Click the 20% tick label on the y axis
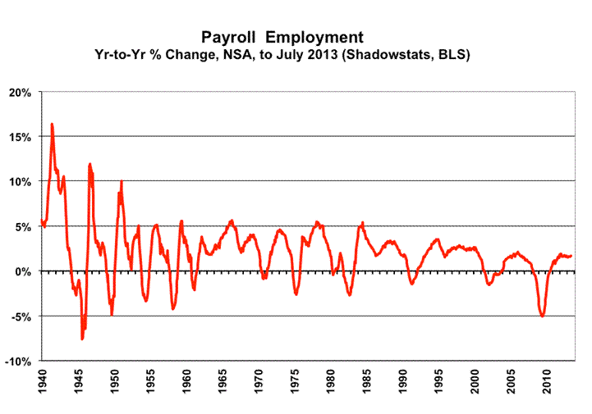20,91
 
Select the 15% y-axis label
20,136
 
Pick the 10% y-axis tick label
20,181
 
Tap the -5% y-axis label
21,316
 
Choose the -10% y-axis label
19,362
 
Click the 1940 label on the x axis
42,382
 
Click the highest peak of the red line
53,124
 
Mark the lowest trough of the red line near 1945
82,339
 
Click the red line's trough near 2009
543,316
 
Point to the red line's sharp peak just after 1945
89,164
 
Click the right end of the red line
571,256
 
